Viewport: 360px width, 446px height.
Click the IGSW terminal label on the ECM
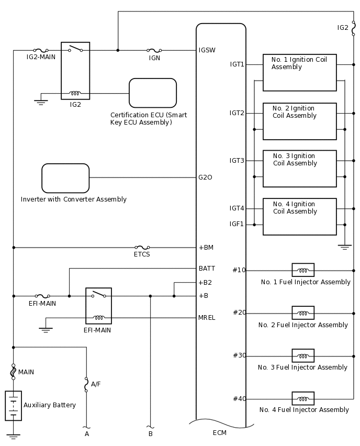coord(207,50)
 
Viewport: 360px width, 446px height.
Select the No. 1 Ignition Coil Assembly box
coord(299,73)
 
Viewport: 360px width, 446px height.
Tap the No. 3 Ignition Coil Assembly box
coord(299,169)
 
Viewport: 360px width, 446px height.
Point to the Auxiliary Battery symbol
coord(14,405)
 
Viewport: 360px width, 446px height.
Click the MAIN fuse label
coord(26,372)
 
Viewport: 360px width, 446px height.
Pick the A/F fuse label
coord(96,384)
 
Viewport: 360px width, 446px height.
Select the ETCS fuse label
coord(142,255)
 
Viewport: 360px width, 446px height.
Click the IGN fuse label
coord(154,58)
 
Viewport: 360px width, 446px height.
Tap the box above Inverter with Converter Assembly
coord(65,178)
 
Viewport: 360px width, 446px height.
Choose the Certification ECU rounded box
coord(153,93)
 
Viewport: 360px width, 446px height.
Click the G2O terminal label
coord(205,177)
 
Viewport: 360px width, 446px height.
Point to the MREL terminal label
coord(207,318)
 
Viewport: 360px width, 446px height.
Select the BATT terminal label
coord(207,269)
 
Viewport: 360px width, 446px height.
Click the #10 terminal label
coord(239,270)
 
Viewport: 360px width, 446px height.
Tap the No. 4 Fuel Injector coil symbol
coord(303,398)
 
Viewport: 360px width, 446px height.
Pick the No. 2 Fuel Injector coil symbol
coord(303,313)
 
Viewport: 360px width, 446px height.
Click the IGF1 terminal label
coord(237,224)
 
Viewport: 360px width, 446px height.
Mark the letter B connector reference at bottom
coord(150,434)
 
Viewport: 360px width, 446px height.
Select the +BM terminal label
coord(206,247)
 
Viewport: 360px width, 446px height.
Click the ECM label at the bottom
coord(220,433)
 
